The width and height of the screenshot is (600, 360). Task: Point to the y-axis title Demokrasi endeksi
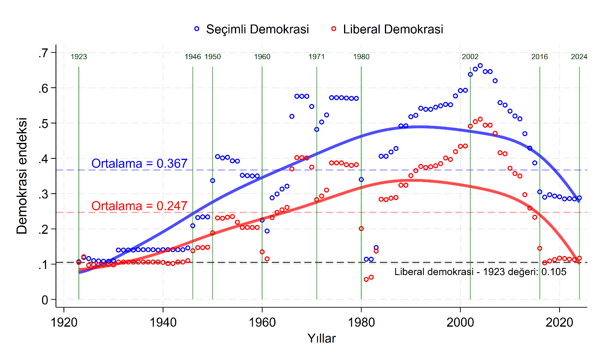click(x=22, y=176)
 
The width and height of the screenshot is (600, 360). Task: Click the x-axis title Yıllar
click(x=321, y=339)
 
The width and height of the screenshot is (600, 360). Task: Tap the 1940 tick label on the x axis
click(x=163, y=322)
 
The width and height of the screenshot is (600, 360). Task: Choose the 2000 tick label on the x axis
click(x=460, y=322)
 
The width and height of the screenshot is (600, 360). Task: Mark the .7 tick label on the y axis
click(x=43, y=53)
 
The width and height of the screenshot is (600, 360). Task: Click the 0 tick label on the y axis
click(x=45, y=300)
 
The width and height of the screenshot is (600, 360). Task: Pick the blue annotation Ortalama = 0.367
click(x=139, y=164)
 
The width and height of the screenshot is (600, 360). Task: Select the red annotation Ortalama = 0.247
click(x=139, y=206)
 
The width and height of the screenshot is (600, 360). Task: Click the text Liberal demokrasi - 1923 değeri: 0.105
click(x=480, y=272)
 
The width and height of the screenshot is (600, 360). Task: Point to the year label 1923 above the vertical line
click(x=79, y=57)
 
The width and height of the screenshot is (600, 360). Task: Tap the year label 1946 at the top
click(x=193, y=57)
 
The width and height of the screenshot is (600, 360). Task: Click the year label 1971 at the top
click(x=317, y=57)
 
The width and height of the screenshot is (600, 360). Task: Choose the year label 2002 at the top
click(x=470, y=57)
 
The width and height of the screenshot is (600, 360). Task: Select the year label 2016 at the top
click(x=540, y=57)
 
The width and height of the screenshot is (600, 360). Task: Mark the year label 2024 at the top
click(x=579, y=57)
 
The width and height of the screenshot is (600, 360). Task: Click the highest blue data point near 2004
click(x=480, y=65)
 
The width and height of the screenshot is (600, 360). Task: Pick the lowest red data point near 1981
click(x=366, y=279)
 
